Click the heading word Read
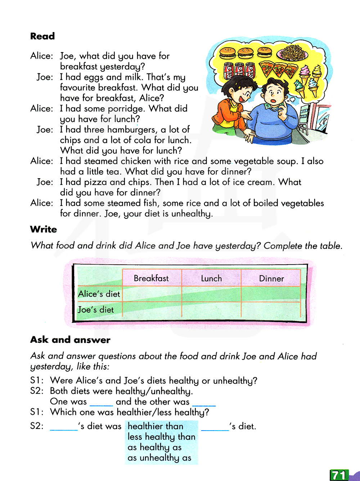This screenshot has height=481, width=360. click(x=42, y=36)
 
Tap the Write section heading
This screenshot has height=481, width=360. click(x=44, y=229)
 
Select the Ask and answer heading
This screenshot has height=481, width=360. click(x=70, y=340)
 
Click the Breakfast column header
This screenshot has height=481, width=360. click(x=151, y=278)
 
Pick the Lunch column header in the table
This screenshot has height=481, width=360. click(x=211, y=279)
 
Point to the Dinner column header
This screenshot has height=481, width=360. click(x=271, y=279)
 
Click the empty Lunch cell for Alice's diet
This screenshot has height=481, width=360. click(x=211, y=294)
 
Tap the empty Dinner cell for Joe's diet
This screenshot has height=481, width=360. click(x=271, y=310)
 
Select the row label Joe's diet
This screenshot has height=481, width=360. click(x=96, y=310)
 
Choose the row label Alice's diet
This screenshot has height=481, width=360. click(x=99, y=294)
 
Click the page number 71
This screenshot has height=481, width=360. click(x=339, y=475)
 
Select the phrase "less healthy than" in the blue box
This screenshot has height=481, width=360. click(x=161, y=437)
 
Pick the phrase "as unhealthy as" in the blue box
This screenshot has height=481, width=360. click(x=159, y=458)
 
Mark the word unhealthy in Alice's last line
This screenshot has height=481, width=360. click(x=191, y=213)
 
